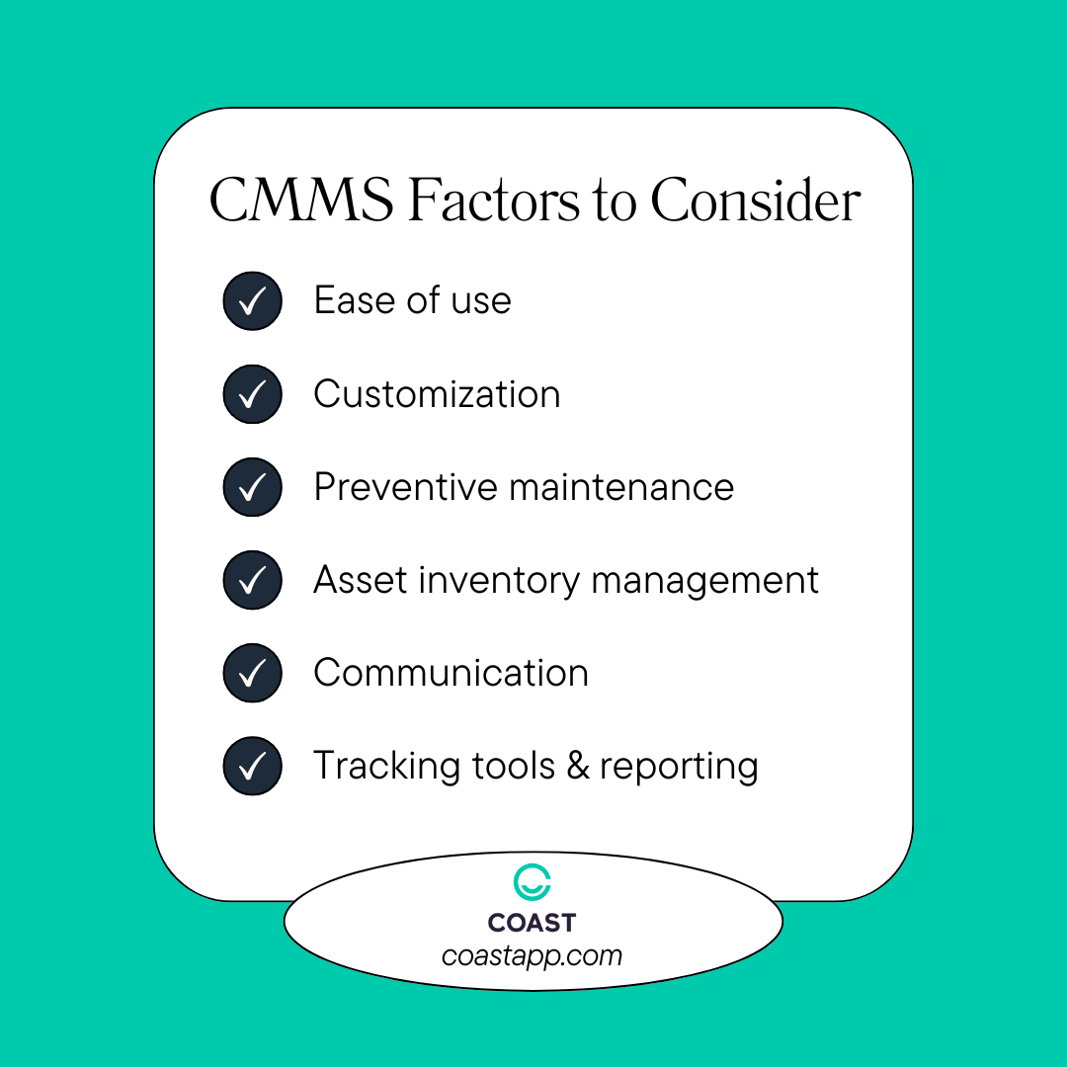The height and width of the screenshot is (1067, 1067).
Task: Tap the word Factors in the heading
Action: tap(494, 202)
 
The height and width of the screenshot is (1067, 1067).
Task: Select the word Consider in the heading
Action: tap(755, 202)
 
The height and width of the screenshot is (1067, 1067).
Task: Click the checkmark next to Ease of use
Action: tap(253, 300)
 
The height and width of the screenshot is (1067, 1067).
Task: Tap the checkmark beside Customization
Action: tap(253, 394)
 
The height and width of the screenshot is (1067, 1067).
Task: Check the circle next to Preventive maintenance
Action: tap(253, 487)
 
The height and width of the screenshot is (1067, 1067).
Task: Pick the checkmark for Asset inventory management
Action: tap(253, 580)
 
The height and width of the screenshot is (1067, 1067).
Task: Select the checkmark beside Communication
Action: tap(253, 673)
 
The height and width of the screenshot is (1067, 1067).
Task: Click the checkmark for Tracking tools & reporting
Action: tap(253, 766)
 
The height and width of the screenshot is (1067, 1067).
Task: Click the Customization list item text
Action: tap(437, 394)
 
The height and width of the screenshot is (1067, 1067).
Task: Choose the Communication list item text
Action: tap(451, 673)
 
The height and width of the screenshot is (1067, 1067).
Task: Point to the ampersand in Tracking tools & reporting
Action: tap(578, 767)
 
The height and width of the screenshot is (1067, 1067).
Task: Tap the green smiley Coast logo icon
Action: tap(533, 883)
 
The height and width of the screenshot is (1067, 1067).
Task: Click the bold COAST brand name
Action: tap(532, 924)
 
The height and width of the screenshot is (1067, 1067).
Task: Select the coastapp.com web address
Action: tap(532, 955)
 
